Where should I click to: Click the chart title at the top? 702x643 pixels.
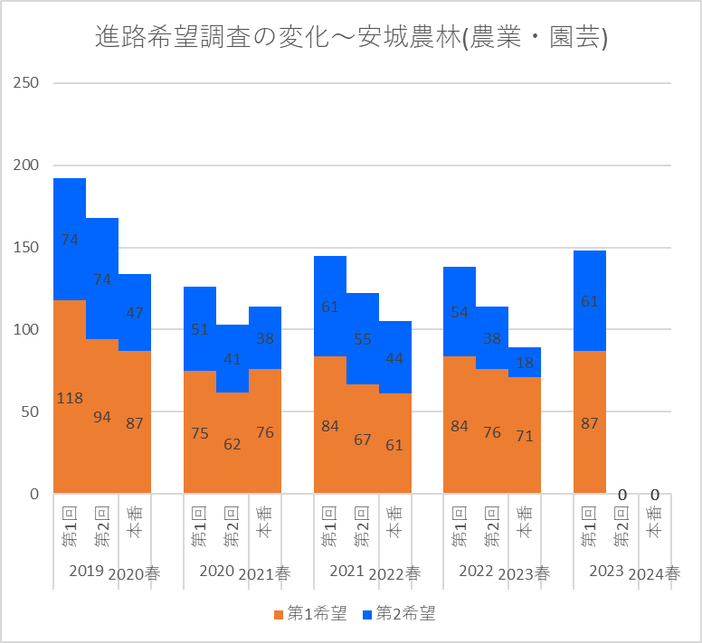click(x=351, y=37)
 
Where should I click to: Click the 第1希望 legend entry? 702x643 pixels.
click(x=310, y=613)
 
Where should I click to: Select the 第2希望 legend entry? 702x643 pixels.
click(x=399, y=613)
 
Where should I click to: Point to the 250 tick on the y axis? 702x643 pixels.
click(x=26, y=83)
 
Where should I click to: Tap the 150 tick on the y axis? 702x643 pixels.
click(x=26, y=248)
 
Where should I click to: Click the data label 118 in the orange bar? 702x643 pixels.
click(x=70, y=398)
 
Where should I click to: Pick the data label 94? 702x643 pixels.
click(x=102, y=417)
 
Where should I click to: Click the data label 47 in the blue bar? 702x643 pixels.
click(x=134, y=313)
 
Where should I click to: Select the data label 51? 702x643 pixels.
click(x=200, y=329)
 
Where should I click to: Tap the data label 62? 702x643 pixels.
click(x=232, y=444)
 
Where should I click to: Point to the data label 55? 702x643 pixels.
click(x=363, y=339)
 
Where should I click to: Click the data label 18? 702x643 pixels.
click(x=525, y=363)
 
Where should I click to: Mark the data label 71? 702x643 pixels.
click(x=525, y=436)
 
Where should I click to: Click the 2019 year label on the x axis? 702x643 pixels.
click(x=87, y=571)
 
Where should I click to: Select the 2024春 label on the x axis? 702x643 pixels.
click(x=654, y=573)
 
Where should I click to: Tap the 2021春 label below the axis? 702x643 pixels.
click(x=264, y=573)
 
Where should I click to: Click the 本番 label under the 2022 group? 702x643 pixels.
click(x=525, y=522)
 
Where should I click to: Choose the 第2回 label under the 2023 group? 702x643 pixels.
click(x=621, y=526)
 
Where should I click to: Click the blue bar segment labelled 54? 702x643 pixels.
click(x=460, y=312)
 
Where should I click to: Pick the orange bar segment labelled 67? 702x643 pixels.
click(x=363, y=439)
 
